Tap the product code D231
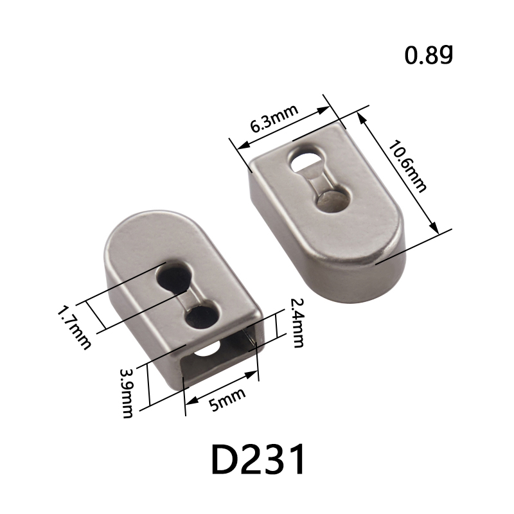click(x=258, y=459)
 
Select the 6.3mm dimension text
click(x=274, y=118)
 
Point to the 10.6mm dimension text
click(x=407, y=166)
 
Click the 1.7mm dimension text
click(x=73, y=328)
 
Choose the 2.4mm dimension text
click(x=297, y=323)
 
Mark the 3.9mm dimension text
click(x=126, y=393)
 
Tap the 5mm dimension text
click(x=227, y=399)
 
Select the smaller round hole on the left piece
click(x=201, y=316)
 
